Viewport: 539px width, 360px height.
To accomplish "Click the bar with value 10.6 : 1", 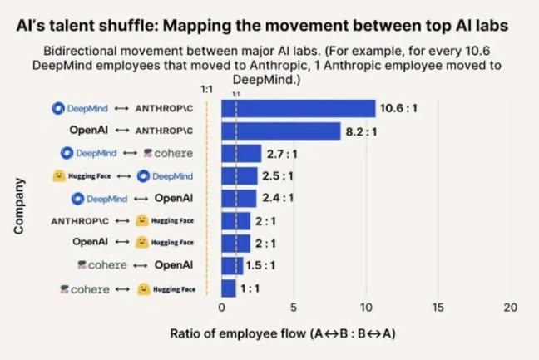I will tap(298, 108).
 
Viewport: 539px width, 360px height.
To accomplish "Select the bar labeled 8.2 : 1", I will tap(280, 131).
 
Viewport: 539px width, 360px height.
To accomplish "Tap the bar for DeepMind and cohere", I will tap(240, 153).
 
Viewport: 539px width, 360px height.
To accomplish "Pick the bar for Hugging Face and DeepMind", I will tap(239, 175).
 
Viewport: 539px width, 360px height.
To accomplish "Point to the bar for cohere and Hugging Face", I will tap(228, 288).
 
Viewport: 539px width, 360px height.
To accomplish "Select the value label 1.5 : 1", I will tap(261, 266).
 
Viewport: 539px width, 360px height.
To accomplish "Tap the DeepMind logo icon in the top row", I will tap(58, 108).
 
